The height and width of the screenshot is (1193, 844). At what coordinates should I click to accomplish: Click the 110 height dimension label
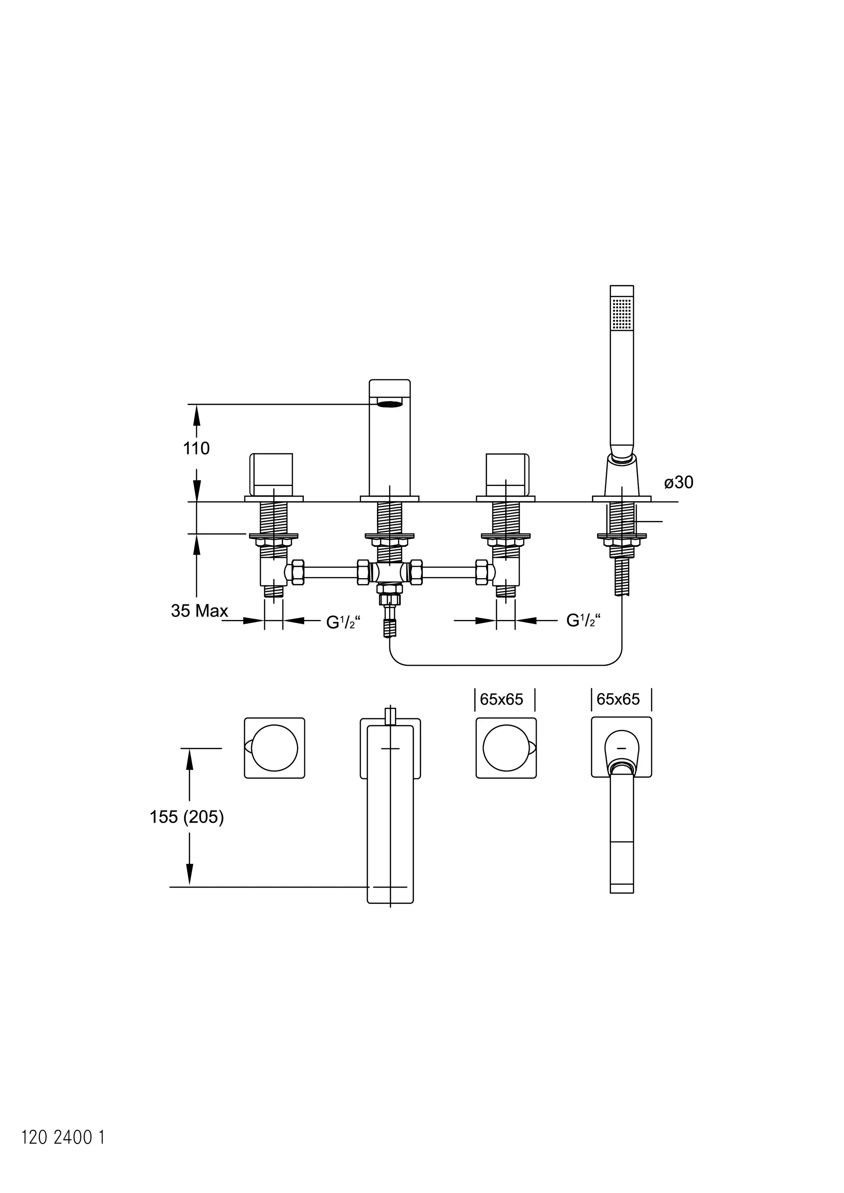tap(196, 449)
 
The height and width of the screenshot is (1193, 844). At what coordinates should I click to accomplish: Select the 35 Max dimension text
tap(200, 611)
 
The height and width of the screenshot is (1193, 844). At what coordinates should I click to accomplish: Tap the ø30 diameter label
tap(679, 482)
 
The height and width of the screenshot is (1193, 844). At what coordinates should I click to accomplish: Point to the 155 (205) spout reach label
tap(187, 817)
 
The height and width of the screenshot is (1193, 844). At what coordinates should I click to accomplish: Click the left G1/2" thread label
tap(340, 622)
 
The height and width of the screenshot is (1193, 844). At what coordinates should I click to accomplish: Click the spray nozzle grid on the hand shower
tap(622, 313)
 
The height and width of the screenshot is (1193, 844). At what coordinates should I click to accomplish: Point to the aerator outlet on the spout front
tap(389, 403)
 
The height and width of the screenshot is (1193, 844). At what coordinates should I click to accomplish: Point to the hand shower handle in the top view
tap(622, 832)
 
